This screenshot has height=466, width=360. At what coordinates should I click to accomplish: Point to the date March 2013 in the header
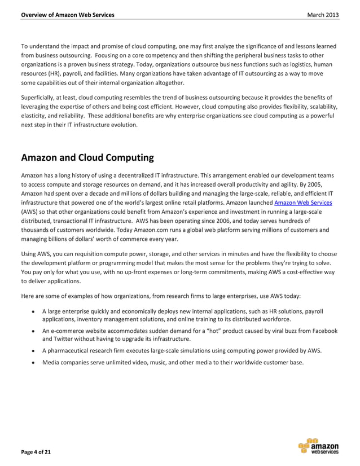(323, 14)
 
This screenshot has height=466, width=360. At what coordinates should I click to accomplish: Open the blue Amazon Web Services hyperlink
(303, 203)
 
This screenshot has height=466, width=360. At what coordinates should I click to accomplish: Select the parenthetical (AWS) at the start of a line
(30, 212)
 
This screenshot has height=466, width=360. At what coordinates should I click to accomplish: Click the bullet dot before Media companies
(34, 362)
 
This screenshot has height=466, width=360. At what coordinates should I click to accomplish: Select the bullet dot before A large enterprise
(34, 310)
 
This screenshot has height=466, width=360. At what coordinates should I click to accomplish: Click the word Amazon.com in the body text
(107, 230)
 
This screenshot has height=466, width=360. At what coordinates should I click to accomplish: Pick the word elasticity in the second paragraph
(36, 115)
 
